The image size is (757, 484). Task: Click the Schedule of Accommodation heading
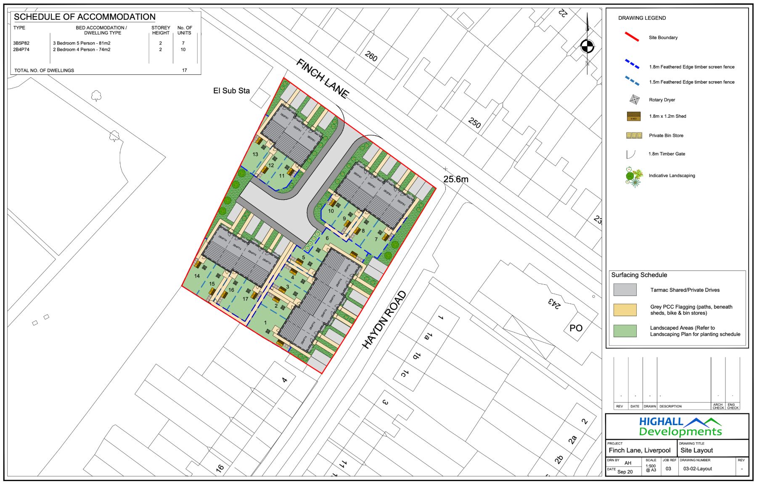pos(85,17)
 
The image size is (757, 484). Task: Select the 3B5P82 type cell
pos(21,43)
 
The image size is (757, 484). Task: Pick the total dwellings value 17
pos(184,70)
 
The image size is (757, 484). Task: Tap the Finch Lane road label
pos(323,78)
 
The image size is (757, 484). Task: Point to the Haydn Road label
pos(384,320)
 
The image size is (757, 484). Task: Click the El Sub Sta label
pos(231,91)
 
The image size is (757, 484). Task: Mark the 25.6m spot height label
pos(455,179)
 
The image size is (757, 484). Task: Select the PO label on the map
pos(576,328)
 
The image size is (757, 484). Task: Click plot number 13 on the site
pos(255,154)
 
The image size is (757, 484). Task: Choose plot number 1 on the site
pos(265,323)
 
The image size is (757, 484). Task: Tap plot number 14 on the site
pos(197,276)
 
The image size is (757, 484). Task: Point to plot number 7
pos(376,239)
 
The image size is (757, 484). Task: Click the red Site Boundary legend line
pos(632,37)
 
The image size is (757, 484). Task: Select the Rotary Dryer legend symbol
pos(634,100)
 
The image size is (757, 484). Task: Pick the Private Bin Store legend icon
pos(634,135)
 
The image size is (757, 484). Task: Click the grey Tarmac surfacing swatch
pos(625,290)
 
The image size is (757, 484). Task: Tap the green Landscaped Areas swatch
pos(625,331)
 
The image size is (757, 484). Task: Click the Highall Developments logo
pos(680,426)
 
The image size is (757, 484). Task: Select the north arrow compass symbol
pos(587,46)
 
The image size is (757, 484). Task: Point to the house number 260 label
pos(371,56)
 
